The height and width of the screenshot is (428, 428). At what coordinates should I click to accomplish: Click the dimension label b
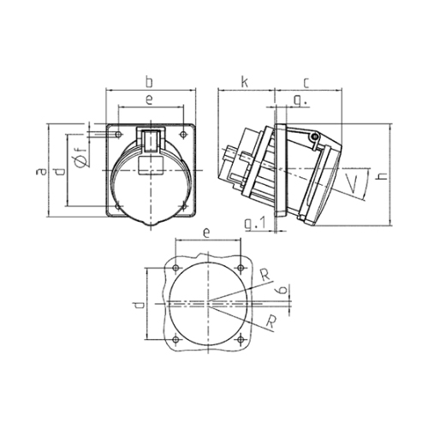coord(149,82)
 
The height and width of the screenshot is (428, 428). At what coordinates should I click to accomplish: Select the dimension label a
coord(42,171)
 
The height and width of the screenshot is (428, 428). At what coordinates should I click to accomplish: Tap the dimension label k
coord(245,82)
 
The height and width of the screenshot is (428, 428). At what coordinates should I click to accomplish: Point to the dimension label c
coord(306,83)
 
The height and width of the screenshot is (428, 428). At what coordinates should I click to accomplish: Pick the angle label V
coord(352,184)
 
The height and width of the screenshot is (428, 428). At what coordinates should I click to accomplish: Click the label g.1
coord(255,223)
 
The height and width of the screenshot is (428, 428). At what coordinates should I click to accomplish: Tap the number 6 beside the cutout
coord(282,290)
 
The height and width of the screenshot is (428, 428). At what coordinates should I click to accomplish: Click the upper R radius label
coord(265,276)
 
